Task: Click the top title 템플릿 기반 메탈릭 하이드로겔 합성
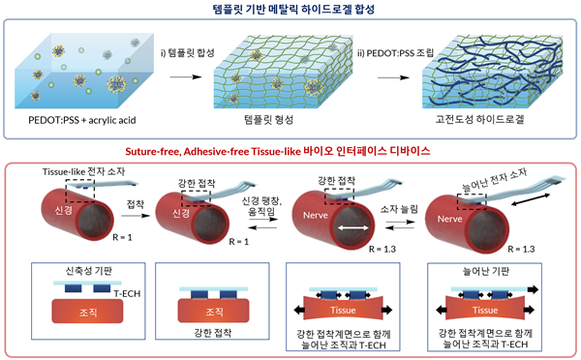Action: (290, 11)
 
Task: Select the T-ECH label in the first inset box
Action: (114, 291)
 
